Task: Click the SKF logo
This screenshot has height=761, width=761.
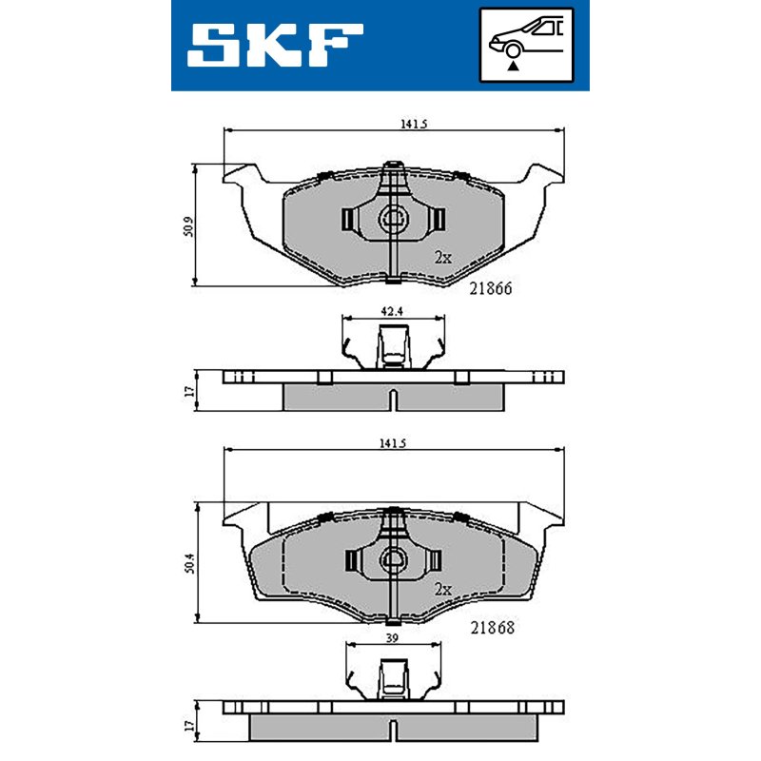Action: (275, 45)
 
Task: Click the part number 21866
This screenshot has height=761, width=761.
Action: (491, 288)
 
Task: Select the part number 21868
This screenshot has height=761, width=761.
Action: (492, 628)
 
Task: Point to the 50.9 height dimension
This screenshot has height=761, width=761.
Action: (188, 226)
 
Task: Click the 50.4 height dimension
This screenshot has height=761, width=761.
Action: (189, 563)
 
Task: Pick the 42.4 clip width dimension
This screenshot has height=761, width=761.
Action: (392, 311)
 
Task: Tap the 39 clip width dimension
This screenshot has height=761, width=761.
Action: (392, 637)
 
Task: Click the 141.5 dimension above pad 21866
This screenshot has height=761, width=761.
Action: (414, 125)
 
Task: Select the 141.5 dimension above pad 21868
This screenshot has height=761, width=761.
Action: (392, 443)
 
